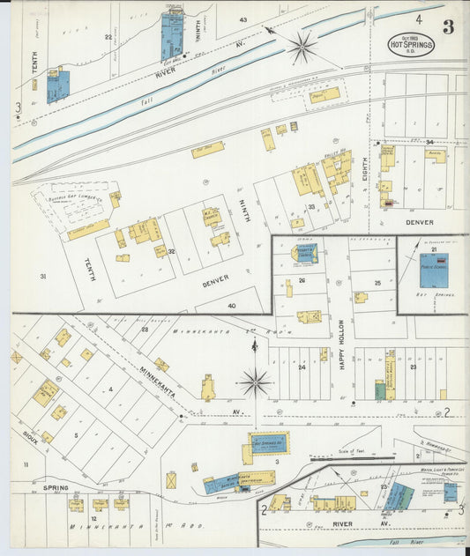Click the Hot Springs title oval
(411, 44)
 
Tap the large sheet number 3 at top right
(448, 26)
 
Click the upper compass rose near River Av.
(302, 48)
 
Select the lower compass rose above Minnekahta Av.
(255, 382)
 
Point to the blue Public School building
(434, 270)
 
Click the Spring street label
(56, 486)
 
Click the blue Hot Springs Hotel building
(269, 442)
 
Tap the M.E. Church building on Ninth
(212, 217)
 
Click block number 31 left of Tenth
(42, 277)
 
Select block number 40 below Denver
(232, 305)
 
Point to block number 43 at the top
(242, 19)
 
